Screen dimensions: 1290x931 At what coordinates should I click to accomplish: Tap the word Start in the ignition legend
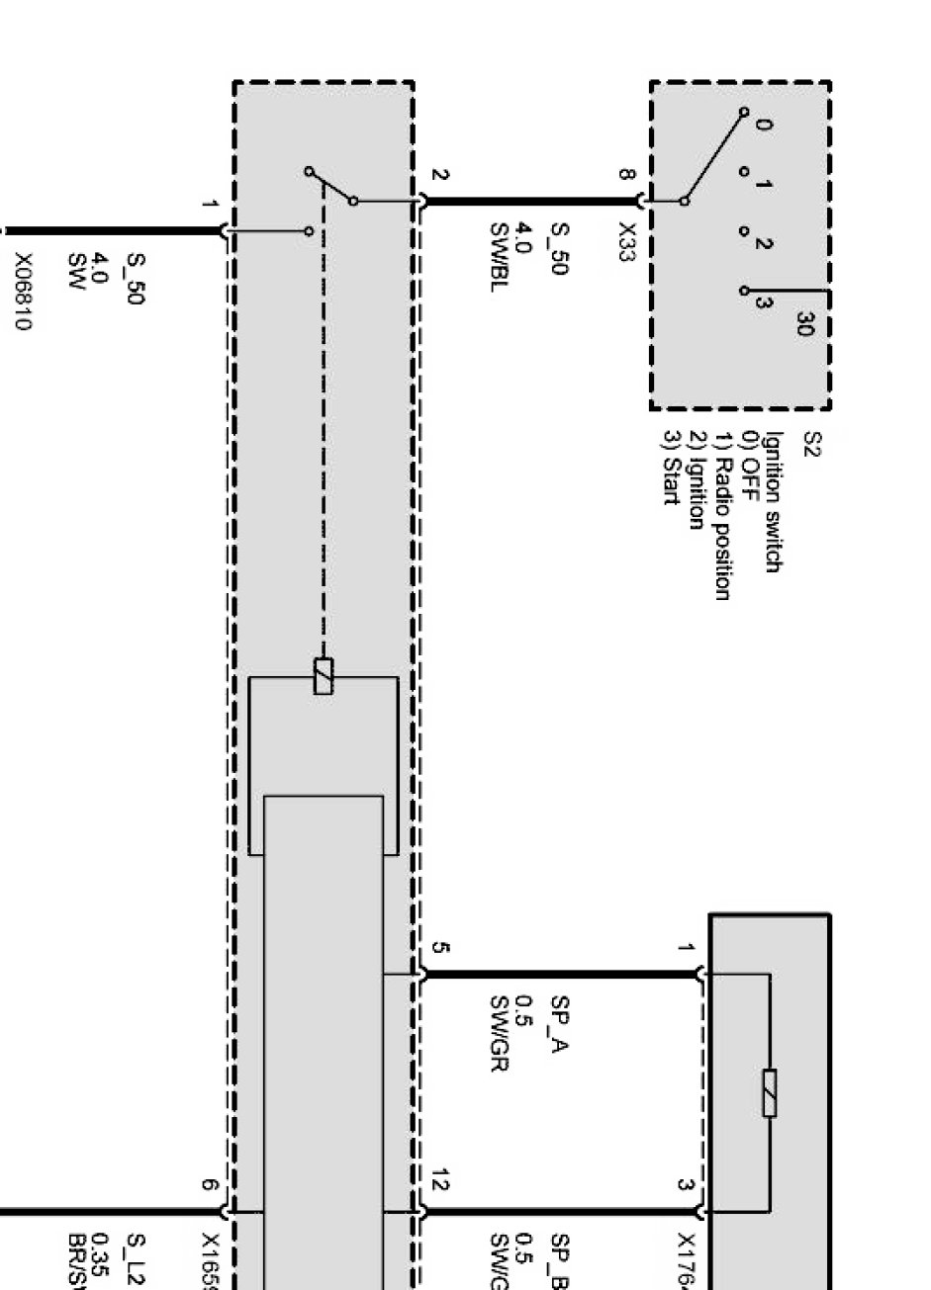[671, 480]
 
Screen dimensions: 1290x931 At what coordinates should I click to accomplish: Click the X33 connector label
[625, 239]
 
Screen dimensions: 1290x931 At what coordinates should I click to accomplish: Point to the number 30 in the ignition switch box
[802, 323]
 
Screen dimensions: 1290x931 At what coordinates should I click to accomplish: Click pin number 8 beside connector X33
[625, 175]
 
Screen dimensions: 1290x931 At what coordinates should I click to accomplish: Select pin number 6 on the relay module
[209, 1184]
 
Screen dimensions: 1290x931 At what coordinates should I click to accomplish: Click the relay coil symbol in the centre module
[323, 676]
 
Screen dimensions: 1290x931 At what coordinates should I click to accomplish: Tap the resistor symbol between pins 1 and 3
[769, 1093]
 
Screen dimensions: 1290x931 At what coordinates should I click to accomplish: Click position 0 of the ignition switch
[763, 125]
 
